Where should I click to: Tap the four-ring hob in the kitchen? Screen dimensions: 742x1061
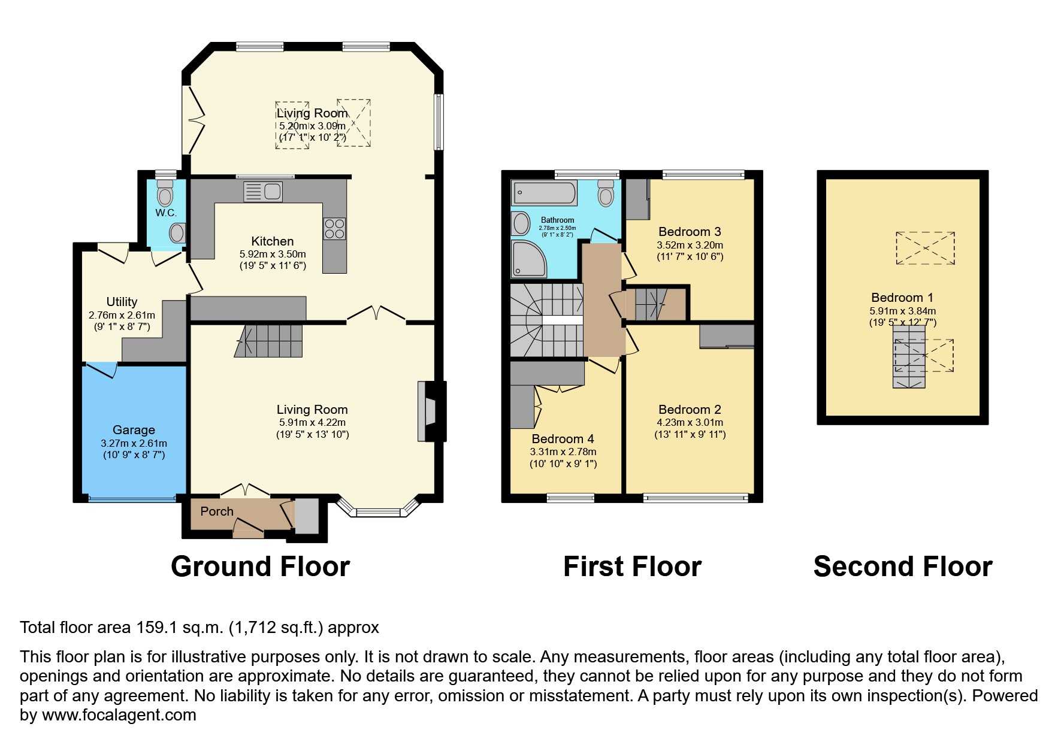[334, 228]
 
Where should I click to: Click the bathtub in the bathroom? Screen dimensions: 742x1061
[544, 193]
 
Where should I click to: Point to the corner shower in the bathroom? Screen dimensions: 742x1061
[528, 259]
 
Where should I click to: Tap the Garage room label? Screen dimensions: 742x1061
[134, 430]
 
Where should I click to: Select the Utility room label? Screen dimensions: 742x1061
[122, 302]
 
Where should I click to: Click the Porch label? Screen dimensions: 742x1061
[217, 511]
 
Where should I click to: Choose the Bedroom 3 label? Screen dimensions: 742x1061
[690, 232]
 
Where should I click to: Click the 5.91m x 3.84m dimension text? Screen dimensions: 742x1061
[902, 311]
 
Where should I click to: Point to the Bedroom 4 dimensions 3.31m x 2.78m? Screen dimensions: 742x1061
[563, 452]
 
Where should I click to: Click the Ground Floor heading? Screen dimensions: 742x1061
[260, 567]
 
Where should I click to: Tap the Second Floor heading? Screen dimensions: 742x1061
[902, 567]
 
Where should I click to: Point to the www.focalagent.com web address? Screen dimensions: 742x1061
[119, 715]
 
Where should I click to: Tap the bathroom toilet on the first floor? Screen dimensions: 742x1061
[606, 193]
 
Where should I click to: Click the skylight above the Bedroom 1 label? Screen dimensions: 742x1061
[925, 248]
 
